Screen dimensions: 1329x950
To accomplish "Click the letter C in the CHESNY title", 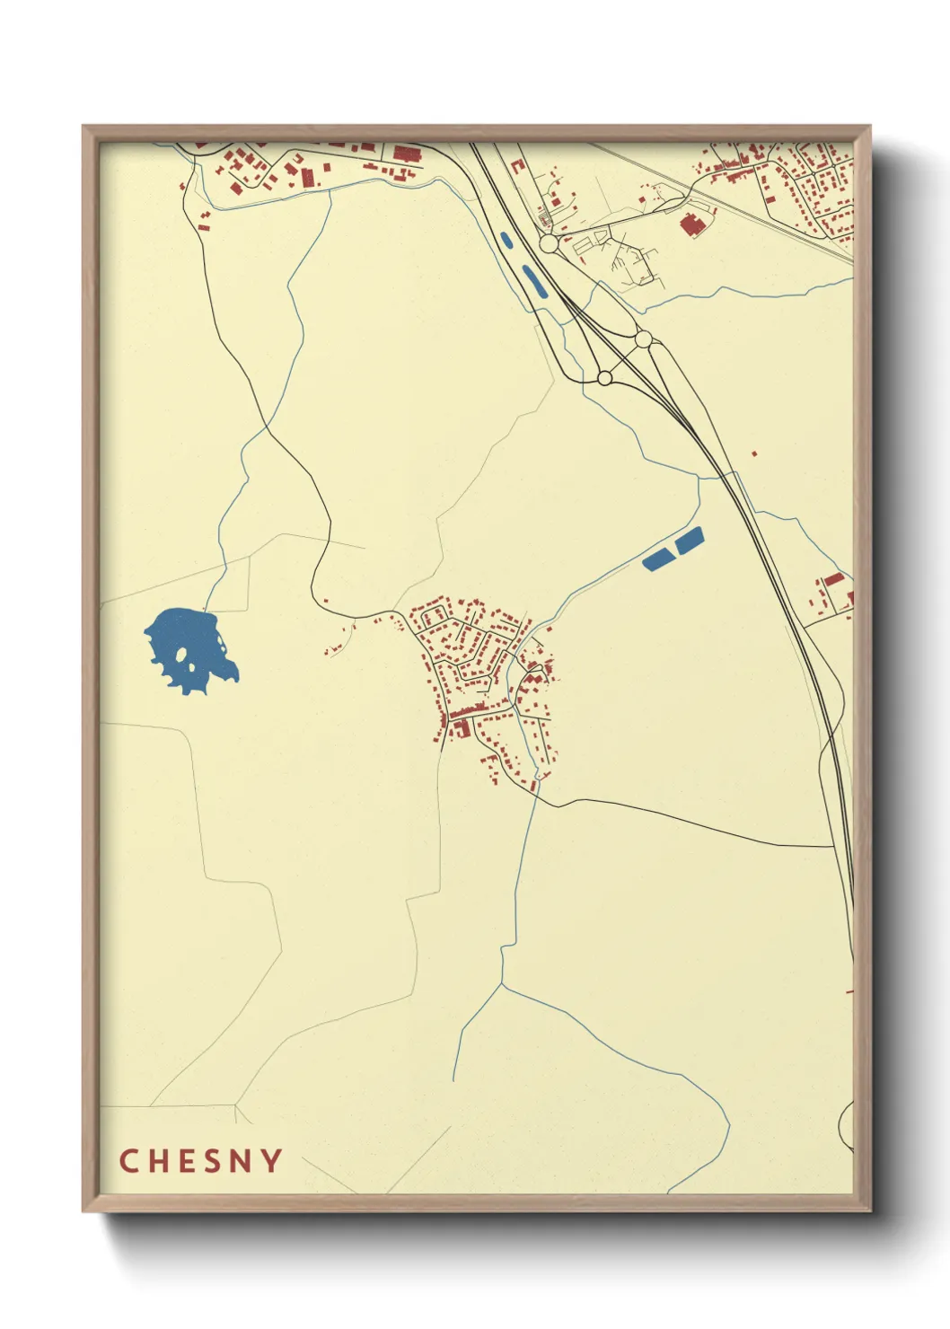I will pyautogui.click(x=128, y=1160).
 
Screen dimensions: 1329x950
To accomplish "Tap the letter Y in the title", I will pyautogui.click(x=271, y=1160).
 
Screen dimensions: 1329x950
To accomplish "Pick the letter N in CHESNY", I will pyautogui.click(x=242, y=1160).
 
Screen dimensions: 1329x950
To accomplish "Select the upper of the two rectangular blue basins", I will pyautogui.click(x=689, y=541).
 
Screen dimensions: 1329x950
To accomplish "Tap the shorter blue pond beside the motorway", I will pyautogui.click(x=506, y=241).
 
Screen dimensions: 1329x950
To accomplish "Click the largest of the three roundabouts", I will pyautogui.click(x=549, y=243).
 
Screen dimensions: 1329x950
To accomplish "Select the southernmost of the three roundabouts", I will pyautogui.click(x=604, y=378).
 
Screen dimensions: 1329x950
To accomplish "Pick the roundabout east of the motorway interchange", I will pyautogui.click(x=643, y=339).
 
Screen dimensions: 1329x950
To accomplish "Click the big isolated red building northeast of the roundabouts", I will pyautogui.click(x=691, y=224).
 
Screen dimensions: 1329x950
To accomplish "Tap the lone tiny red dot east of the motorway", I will pyautogui.click(x=753, y=454).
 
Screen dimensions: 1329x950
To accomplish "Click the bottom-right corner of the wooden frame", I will pyautogui.click(x=869, y=1210).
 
